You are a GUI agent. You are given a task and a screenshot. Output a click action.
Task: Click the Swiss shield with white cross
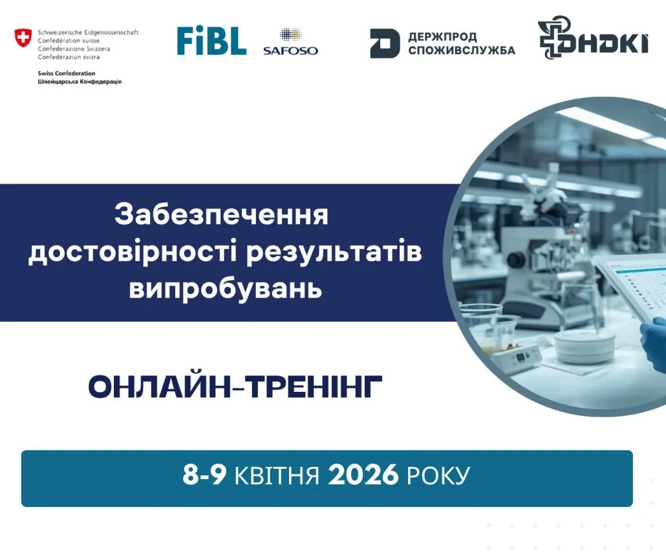click(23, 38)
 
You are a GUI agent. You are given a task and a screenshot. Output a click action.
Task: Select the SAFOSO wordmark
click(290, 50)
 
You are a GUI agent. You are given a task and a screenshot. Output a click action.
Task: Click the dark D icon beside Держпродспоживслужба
click(384, 43)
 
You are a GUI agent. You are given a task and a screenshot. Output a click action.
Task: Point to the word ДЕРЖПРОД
click(442, 37)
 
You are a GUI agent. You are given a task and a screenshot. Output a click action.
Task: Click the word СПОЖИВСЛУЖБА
click(462, 50)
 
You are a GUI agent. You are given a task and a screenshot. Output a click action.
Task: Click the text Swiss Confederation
click(66, 73)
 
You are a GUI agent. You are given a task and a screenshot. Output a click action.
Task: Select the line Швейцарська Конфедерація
click(80, 81)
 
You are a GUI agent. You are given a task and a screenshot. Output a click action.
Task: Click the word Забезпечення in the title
click(221, 215)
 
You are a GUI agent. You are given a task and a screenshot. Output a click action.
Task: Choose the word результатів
click(334, 252)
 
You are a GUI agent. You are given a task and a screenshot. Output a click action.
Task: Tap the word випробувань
click(225, 290)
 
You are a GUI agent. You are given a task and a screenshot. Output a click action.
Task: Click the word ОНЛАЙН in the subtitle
click(158, 387)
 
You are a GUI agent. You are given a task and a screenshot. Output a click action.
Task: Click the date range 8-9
click(204, 475)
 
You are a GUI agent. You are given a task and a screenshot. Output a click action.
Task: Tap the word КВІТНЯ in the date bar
click(277, 475)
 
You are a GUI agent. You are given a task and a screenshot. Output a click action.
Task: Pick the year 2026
click(363, 475)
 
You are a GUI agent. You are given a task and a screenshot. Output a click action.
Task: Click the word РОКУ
click(438, 475)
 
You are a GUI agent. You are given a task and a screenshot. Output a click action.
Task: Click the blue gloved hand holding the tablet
click(653, 344)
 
